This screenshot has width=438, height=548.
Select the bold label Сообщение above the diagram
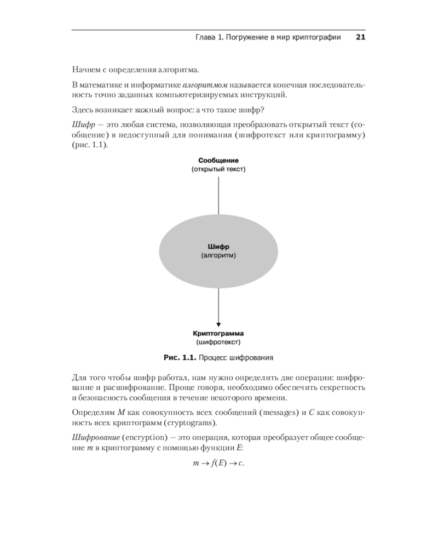218,161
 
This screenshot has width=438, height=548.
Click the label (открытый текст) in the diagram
218,170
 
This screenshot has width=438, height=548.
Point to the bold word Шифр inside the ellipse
218,247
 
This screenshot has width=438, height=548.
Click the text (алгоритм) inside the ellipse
218,255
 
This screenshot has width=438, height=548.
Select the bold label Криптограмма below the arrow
218,333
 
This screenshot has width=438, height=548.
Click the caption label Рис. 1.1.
180,358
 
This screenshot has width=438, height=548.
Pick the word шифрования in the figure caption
253,358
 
